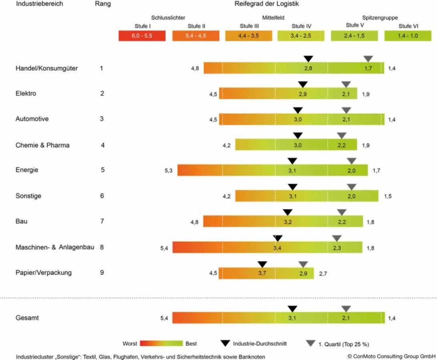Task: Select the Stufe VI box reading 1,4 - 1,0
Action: coord(408,36)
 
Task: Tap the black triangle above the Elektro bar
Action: coord(303,84)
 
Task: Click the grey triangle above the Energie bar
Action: coord(351,161)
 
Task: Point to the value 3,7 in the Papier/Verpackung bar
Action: coord(263,273)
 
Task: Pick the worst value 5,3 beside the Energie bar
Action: coord(168,171)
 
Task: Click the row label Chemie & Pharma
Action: coord(42,145)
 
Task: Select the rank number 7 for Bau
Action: coord(102,221)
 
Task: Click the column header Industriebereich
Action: coord(40,4)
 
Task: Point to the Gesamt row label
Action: coord(27,318)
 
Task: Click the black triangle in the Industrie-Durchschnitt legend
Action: coord(226,343)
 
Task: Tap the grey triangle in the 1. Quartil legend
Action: coord(310,343)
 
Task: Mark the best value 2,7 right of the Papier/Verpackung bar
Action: coord(323,274)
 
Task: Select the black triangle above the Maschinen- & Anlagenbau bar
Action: coord(278,238)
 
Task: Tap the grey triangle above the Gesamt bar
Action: coord(346,308)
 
